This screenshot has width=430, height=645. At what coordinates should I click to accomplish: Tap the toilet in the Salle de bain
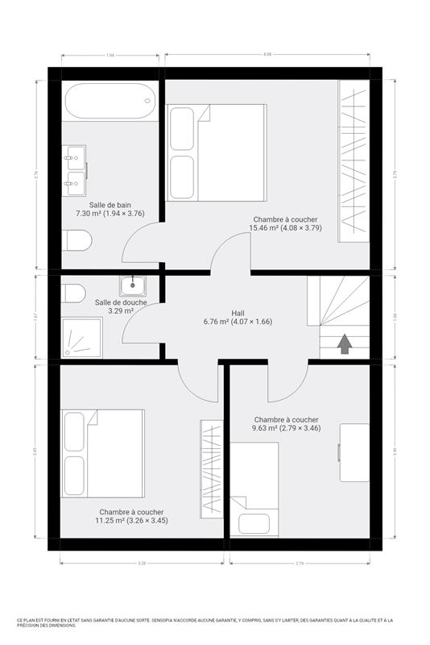pos(76,240)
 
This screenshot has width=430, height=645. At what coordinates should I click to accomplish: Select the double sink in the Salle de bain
pos(76,171)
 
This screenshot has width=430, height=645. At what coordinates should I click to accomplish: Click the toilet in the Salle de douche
pos(73,293)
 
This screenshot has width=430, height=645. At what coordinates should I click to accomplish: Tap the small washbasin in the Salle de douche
pos(133,285)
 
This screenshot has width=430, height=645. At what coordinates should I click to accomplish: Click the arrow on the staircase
pos(345,344)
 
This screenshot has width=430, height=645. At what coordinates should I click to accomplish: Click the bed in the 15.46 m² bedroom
pos(216,153)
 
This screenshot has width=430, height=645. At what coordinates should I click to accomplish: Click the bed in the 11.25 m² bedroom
pos(104,454)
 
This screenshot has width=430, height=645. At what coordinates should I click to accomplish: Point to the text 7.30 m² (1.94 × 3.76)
pos(110,214)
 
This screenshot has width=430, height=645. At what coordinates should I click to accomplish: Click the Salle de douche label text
pos(120,303)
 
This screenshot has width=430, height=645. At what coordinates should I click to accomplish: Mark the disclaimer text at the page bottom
pos(214,623)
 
